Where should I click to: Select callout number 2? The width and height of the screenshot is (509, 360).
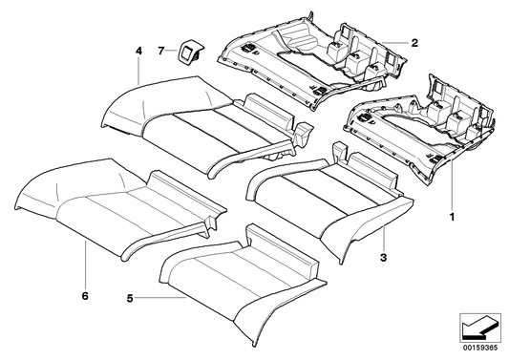[x=414, y=42]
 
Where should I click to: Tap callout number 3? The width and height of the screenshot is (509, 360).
[x=384, y=258]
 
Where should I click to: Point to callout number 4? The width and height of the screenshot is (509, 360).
[x=138, y=50]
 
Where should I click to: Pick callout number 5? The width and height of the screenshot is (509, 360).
[x=130, y=298]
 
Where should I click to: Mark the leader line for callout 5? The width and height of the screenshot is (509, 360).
[x=153, y=298]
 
